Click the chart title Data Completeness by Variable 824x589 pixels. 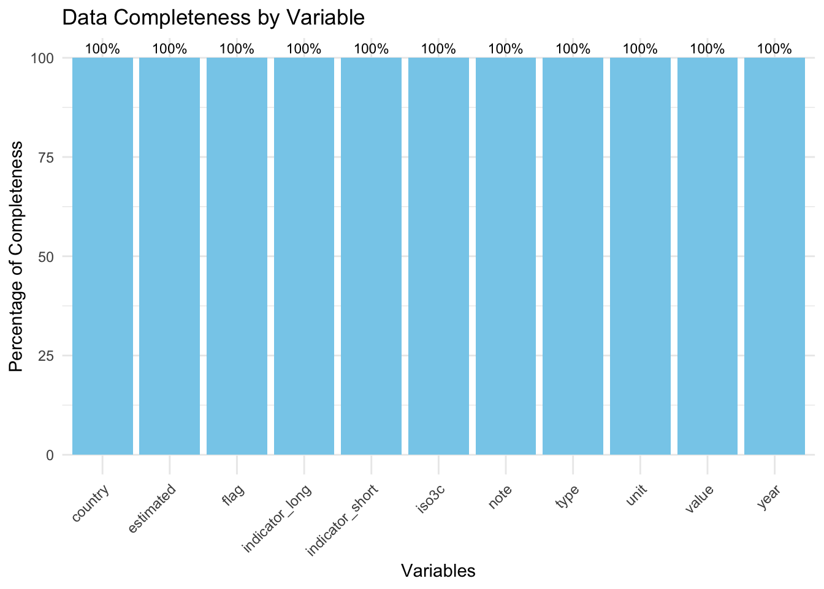213,18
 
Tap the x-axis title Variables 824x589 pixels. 438,571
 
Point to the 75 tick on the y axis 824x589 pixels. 47,157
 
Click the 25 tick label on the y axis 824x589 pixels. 47,356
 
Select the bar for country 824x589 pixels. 102,256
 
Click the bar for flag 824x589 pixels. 237,256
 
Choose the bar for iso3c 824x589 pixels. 438,256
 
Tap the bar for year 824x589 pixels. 774,256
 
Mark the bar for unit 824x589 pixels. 640,256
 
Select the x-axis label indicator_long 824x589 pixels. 277,518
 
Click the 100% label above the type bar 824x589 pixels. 573,49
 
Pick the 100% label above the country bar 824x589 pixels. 102,49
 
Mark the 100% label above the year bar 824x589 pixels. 774,49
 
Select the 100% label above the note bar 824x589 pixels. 506,49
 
